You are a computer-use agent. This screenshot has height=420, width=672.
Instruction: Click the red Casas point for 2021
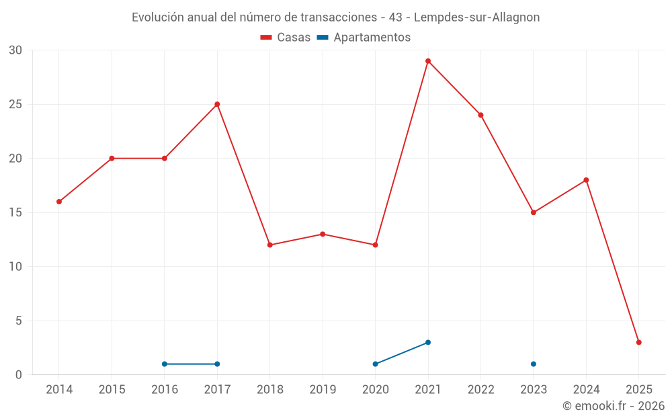pos(428,61)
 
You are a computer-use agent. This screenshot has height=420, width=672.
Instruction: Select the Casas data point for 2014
pos(59,202)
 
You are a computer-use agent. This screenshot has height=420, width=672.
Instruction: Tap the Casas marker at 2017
pos(217,104)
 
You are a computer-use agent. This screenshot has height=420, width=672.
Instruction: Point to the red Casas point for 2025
pos(639,342)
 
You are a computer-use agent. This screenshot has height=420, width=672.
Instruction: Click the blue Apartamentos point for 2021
pos(428,342)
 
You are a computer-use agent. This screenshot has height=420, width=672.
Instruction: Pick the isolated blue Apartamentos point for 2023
pos(534,364)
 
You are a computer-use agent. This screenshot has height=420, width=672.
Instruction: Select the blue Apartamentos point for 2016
pos(165,364)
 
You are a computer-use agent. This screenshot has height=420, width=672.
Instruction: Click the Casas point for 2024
pos(586,180)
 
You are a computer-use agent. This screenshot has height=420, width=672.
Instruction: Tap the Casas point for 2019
pos(323,234)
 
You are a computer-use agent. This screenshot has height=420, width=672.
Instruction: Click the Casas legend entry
pos(286,38)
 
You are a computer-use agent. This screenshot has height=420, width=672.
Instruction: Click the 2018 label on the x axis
pos(269,389)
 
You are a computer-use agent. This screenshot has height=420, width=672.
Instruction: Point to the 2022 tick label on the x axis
pos(480,389)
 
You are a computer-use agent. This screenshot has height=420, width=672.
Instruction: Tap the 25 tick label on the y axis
pos(15,104)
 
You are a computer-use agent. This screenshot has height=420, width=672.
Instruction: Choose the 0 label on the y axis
pos(19,374)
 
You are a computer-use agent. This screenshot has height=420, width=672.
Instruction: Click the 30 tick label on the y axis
pos(15,50)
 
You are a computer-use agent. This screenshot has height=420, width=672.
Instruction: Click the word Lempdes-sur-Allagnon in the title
pos(481,17)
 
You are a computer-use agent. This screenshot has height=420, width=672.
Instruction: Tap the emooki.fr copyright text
pos(614,406)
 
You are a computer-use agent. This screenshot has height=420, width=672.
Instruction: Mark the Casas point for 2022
pos(480,115)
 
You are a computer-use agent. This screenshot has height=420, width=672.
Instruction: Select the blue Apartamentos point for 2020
pos(375,364)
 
